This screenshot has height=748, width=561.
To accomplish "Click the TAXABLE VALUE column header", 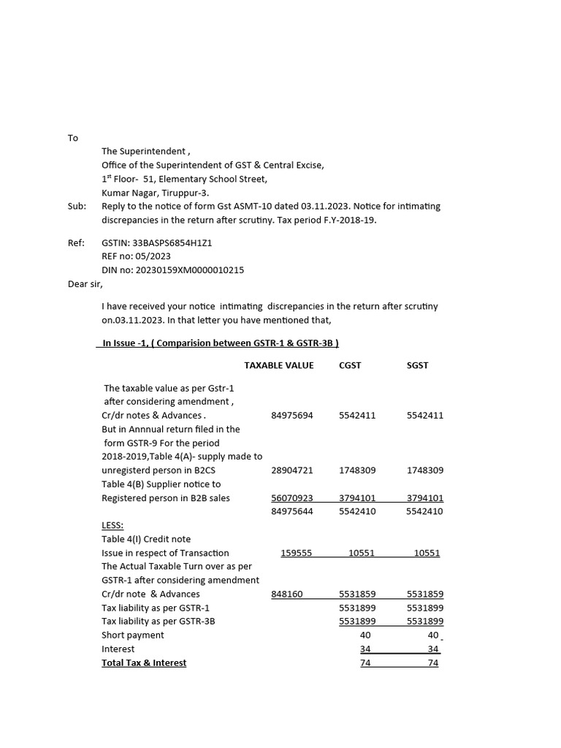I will pos(278,365).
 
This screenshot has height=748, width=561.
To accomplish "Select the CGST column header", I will pos(350,365).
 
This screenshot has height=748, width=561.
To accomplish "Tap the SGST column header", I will pos(418,365).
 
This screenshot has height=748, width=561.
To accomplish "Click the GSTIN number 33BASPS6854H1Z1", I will pos(172,243).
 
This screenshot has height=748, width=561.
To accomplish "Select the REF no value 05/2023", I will pos(153,256).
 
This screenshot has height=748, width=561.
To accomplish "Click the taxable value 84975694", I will pos(291,416).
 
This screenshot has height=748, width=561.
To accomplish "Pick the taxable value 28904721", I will pos(291,470).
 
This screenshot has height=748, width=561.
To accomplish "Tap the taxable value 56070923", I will pos(291,498).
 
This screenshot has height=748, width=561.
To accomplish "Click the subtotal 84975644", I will pos(291,511).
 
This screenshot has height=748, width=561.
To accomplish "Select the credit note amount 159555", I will pos(296,553).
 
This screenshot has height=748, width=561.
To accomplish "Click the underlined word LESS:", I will pos(112,525).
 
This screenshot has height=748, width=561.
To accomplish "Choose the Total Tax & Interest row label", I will pos(144,663).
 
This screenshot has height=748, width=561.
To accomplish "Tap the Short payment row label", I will pos(133,636).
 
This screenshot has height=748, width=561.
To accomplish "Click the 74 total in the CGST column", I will pos(365,663).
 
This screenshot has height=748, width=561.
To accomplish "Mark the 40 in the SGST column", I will pos(433,636).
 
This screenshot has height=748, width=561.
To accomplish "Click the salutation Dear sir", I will pos(85,284).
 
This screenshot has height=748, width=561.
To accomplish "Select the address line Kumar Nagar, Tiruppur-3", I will pos(155,193).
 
